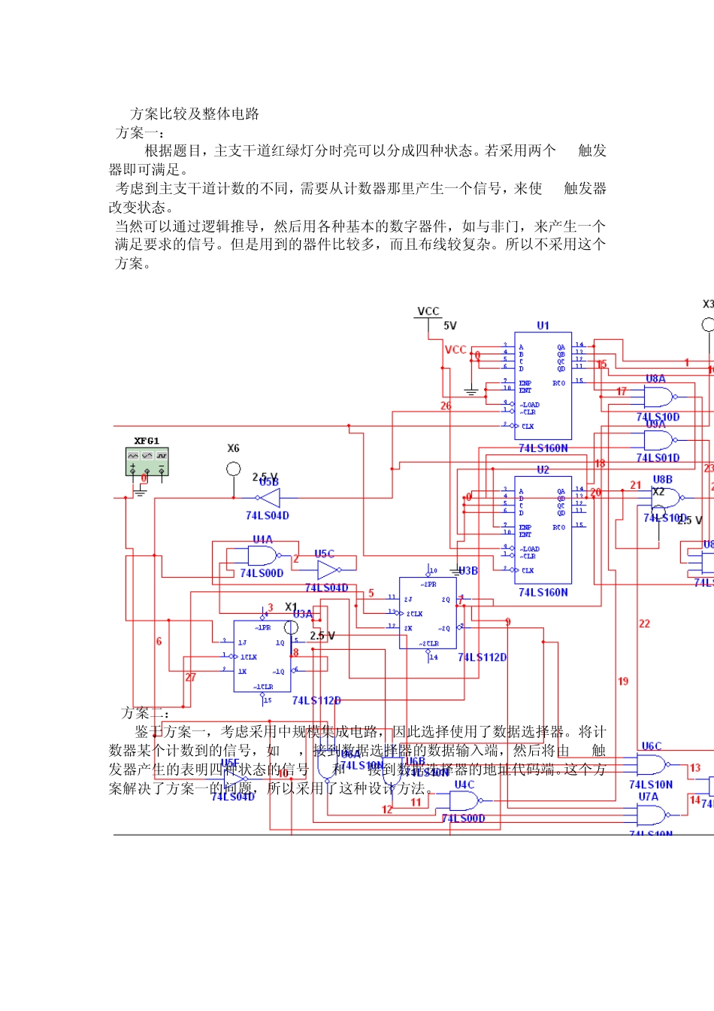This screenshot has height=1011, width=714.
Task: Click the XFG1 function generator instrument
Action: coord(147,461)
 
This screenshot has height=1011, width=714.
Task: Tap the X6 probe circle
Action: coord(233,469)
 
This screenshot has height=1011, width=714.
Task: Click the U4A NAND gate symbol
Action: coord(261,557)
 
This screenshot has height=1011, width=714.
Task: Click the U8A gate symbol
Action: coord(659,396)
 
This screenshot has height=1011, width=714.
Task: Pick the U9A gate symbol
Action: coord(659,440)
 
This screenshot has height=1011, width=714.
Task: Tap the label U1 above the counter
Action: coord(543,326)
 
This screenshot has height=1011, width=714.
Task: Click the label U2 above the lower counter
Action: coord(543,469)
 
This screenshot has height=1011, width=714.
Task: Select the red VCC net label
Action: coord(455,350)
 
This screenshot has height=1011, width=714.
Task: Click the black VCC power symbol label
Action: coord(428,311)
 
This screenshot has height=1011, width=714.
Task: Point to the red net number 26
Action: coord(446,405)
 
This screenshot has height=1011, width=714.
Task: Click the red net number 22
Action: coord(644,624)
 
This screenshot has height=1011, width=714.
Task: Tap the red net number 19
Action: coord(623,682)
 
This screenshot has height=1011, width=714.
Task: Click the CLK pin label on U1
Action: coord(528,427)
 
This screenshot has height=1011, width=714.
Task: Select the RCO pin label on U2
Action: coord(558,527)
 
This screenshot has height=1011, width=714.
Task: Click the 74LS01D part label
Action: coord(658,457)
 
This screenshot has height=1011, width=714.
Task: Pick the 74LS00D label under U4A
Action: coord(262,573)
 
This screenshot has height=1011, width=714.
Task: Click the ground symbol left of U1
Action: coord(471,391)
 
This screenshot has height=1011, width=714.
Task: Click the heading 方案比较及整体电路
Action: coord(195,114)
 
